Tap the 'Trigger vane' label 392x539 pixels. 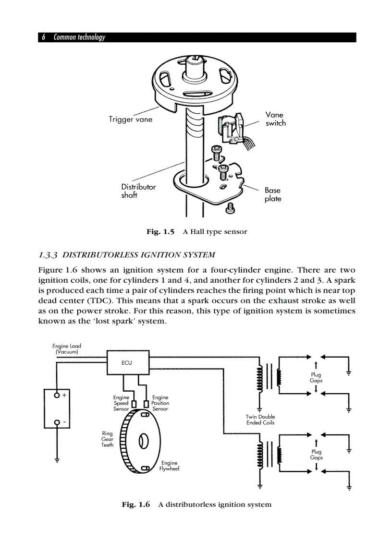pyautogui.click(x=130, y=120)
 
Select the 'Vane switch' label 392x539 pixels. pyautogui.click(x=275, y=119)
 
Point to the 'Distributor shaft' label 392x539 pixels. pyautogui.click(x=138, y=191)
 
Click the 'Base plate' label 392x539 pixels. pyautogui.click(x=272, y=194)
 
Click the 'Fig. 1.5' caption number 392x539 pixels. pyautogui.click(x=160, y=232)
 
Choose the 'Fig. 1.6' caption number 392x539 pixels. pyautogui.click(x=136, y=504)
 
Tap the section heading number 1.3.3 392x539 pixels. pyautogui.click(x=48, y=254)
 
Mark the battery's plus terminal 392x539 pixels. pyautogui.click(x=57, y=395)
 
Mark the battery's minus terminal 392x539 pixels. pyautogui.click(x=57, y=422)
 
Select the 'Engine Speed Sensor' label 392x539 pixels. pyautogui.click(x=121, y=403)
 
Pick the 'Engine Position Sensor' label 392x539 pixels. pyautogui.click(x=160, y=403)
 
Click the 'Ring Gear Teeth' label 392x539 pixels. pyautogui.click(x=107, y=439)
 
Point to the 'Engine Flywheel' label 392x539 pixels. pyautogui.click(x=169, y=466)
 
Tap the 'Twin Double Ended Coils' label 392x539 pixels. pyautogui.click(x=260, y=420)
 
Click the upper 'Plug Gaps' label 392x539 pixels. pyautogui.click(x=316, y=377)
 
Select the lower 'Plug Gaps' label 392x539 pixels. pyautogui.click(x=316, y=455)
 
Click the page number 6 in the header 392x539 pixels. pyautogui.click(x=44, y=37)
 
